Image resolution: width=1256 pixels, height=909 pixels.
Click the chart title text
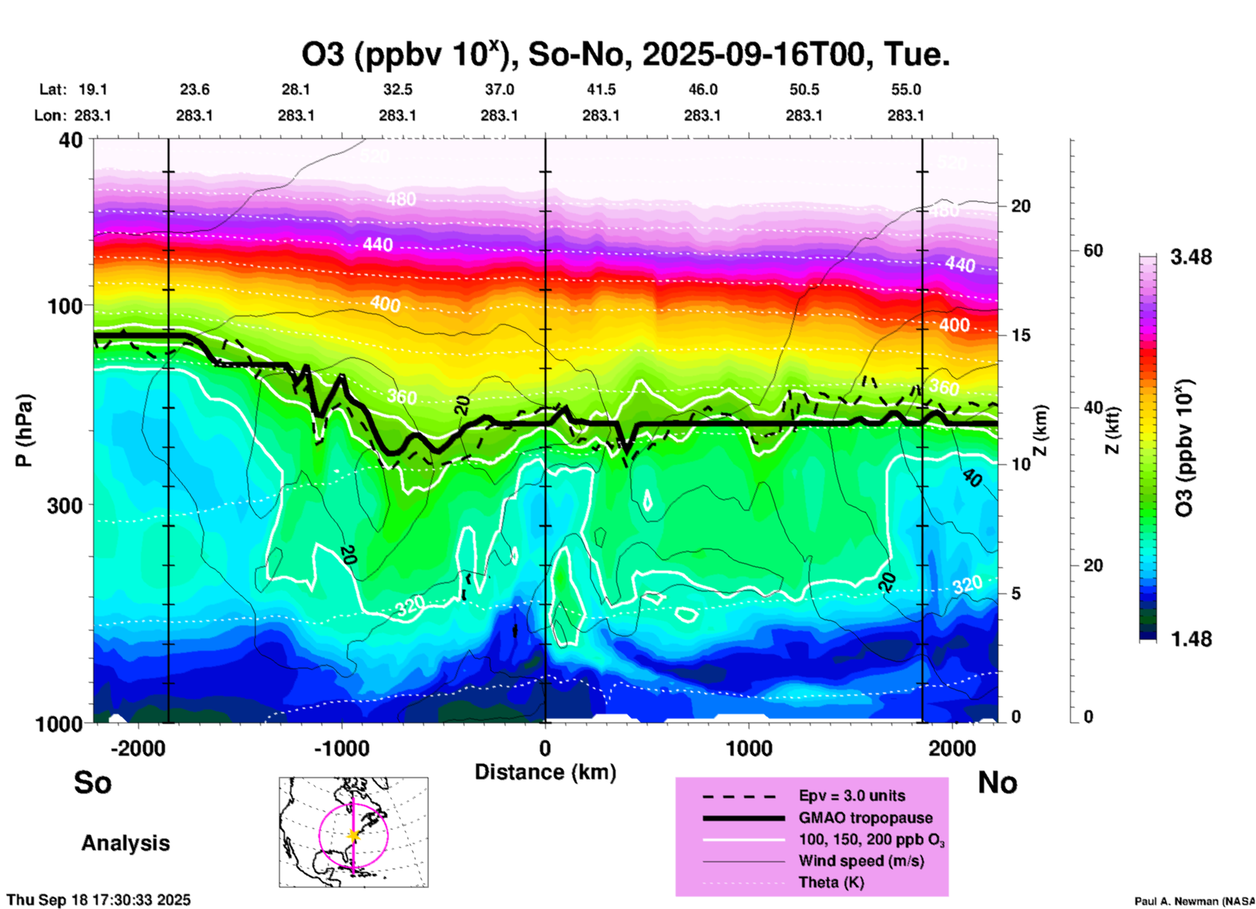(x=625, y=55)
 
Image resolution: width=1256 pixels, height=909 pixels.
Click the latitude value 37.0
(x=499, y=89)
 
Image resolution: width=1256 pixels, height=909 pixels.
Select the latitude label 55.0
(x=905, y=89)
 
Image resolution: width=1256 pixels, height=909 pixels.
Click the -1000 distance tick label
(x=341, y=748)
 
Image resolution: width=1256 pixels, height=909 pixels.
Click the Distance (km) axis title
(x=545, y=772)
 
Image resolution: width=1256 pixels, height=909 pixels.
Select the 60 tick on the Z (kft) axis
(x=1093, y=250)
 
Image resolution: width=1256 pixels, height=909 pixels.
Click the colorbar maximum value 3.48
(x=1191, y=257)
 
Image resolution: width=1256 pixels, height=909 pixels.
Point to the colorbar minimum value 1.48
(x=1191, y=639)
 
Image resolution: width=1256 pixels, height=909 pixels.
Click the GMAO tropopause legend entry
(x=865, y=818)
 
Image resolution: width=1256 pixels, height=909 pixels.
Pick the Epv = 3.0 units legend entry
(x=852, y=796)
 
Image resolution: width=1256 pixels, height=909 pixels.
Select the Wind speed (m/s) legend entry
(x=861, y=861)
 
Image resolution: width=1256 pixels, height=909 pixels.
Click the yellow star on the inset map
(x=353, y=835)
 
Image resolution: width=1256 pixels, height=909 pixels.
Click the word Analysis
(x=125, y=843)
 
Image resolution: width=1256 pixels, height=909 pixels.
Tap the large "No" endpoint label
(x=997, y=782)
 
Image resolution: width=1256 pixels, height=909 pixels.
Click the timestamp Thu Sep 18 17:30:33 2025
(x=98, y=900)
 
